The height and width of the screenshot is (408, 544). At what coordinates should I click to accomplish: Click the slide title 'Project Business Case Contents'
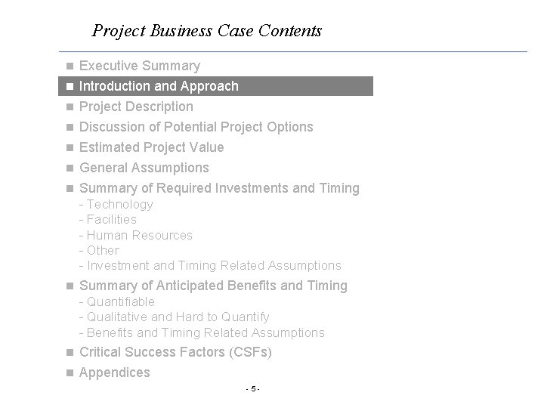206,31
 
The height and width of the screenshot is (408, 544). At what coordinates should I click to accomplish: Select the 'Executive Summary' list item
140,66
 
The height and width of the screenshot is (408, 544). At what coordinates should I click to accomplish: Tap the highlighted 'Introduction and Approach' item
159,86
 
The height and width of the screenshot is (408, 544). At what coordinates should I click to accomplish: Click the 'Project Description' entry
136,107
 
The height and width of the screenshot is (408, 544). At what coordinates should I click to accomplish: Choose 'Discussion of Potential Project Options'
196,127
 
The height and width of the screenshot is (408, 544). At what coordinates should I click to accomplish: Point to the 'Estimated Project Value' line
151,147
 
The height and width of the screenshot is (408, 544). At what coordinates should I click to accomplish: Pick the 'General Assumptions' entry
144,168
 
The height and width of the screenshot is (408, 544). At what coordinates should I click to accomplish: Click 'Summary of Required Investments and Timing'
219,188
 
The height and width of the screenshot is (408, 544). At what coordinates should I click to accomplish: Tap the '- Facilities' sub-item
108,219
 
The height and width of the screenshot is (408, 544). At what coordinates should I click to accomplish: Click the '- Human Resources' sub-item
135,235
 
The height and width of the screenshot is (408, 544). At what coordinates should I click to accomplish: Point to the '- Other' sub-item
99,250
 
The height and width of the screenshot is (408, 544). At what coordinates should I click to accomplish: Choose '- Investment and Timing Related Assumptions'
210,265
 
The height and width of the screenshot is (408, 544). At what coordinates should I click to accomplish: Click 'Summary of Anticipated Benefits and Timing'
213,286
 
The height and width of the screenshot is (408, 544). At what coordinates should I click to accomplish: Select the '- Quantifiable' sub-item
116,301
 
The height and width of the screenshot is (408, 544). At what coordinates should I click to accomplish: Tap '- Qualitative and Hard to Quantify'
174,317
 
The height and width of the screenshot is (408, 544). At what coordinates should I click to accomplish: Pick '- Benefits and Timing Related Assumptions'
202,332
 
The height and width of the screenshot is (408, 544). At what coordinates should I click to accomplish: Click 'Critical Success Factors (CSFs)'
175,352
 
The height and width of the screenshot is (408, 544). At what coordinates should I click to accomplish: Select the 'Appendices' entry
115,372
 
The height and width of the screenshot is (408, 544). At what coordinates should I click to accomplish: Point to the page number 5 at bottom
253,389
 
